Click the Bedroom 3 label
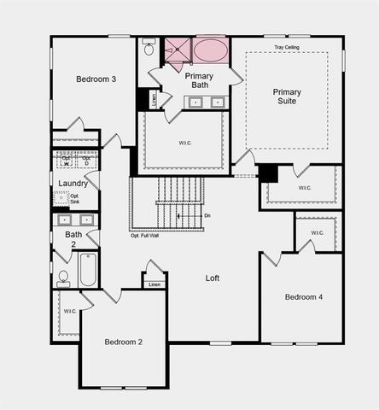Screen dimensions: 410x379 point(96,79)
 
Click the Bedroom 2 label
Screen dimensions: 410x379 point(123,342)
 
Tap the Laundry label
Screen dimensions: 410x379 point(74,184)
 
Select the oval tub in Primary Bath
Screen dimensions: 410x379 point(210,50)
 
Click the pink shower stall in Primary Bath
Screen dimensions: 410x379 point(178,50)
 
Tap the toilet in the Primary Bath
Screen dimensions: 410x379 point(149,48)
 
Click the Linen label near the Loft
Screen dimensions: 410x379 point(154,284)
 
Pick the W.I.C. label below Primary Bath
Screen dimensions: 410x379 point(185,143)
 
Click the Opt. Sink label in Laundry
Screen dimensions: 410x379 point(74,200)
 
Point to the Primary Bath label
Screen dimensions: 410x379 point(199,80)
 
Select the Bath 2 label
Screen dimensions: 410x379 point(74,238)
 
